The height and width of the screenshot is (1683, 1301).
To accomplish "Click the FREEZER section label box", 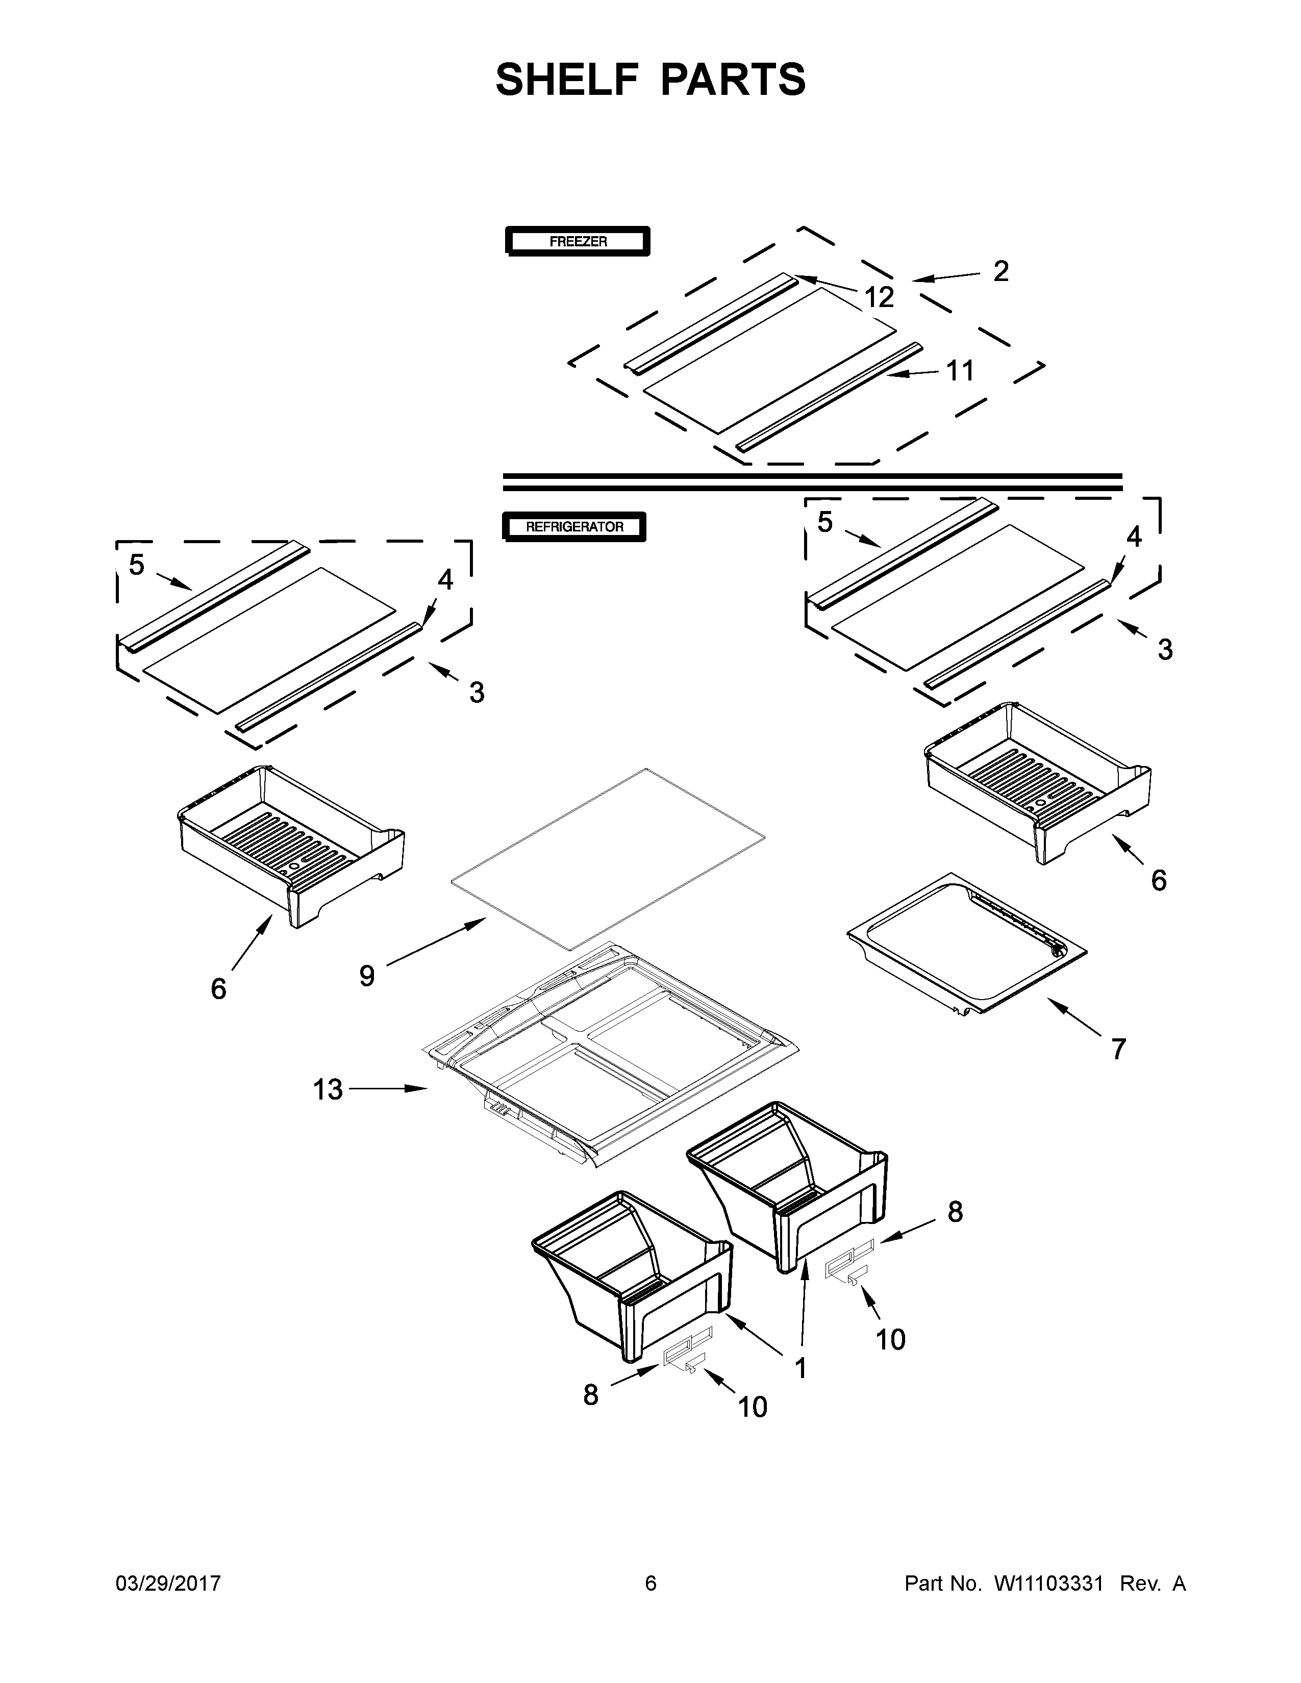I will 577,241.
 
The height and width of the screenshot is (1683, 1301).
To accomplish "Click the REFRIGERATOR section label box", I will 574,527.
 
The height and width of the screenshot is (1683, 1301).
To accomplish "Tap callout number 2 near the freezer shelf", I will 1000,271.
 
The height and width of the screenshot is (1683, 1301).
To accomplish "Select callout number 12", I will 879,297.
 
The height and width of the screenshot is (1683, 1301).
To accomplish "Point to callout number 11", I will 960,371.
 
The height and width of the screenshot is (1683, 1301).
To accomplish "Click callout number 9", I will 367,976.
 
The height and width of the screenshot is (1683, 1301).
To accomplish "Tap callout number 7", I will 1118,1049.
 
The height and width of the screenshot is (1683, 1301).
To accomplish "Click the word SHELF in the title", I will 567,80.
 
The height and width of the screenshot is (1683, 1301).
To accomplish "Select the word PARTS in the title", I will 733,80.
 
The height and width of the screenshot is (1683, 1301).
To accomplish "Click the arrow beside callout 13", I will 389,1088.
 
